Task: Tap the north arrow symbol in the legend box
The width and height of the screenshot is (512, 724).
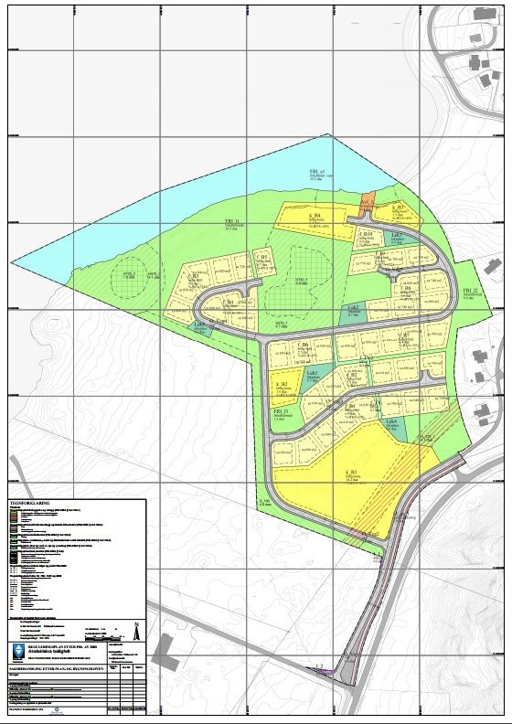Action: coord(136,630)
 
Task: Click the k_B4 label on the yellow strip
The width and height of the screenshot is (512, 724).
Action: coord(314,215)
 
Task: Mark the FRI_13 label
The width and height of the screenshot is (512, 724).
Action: coord(280,412)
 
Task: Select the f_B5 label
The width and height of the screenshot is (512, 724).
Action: coord(264,257)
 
